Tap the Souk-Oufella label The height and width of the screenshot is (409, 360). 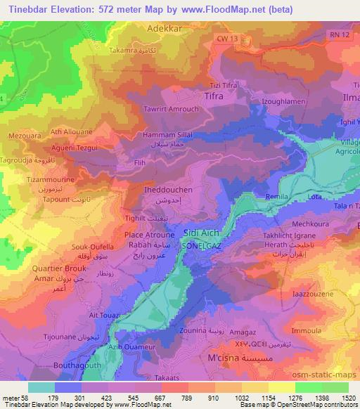94,246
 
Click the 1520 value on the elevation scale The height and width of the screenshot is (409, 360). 347,399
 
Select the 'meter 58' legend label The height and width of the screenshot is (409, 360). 15,399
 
